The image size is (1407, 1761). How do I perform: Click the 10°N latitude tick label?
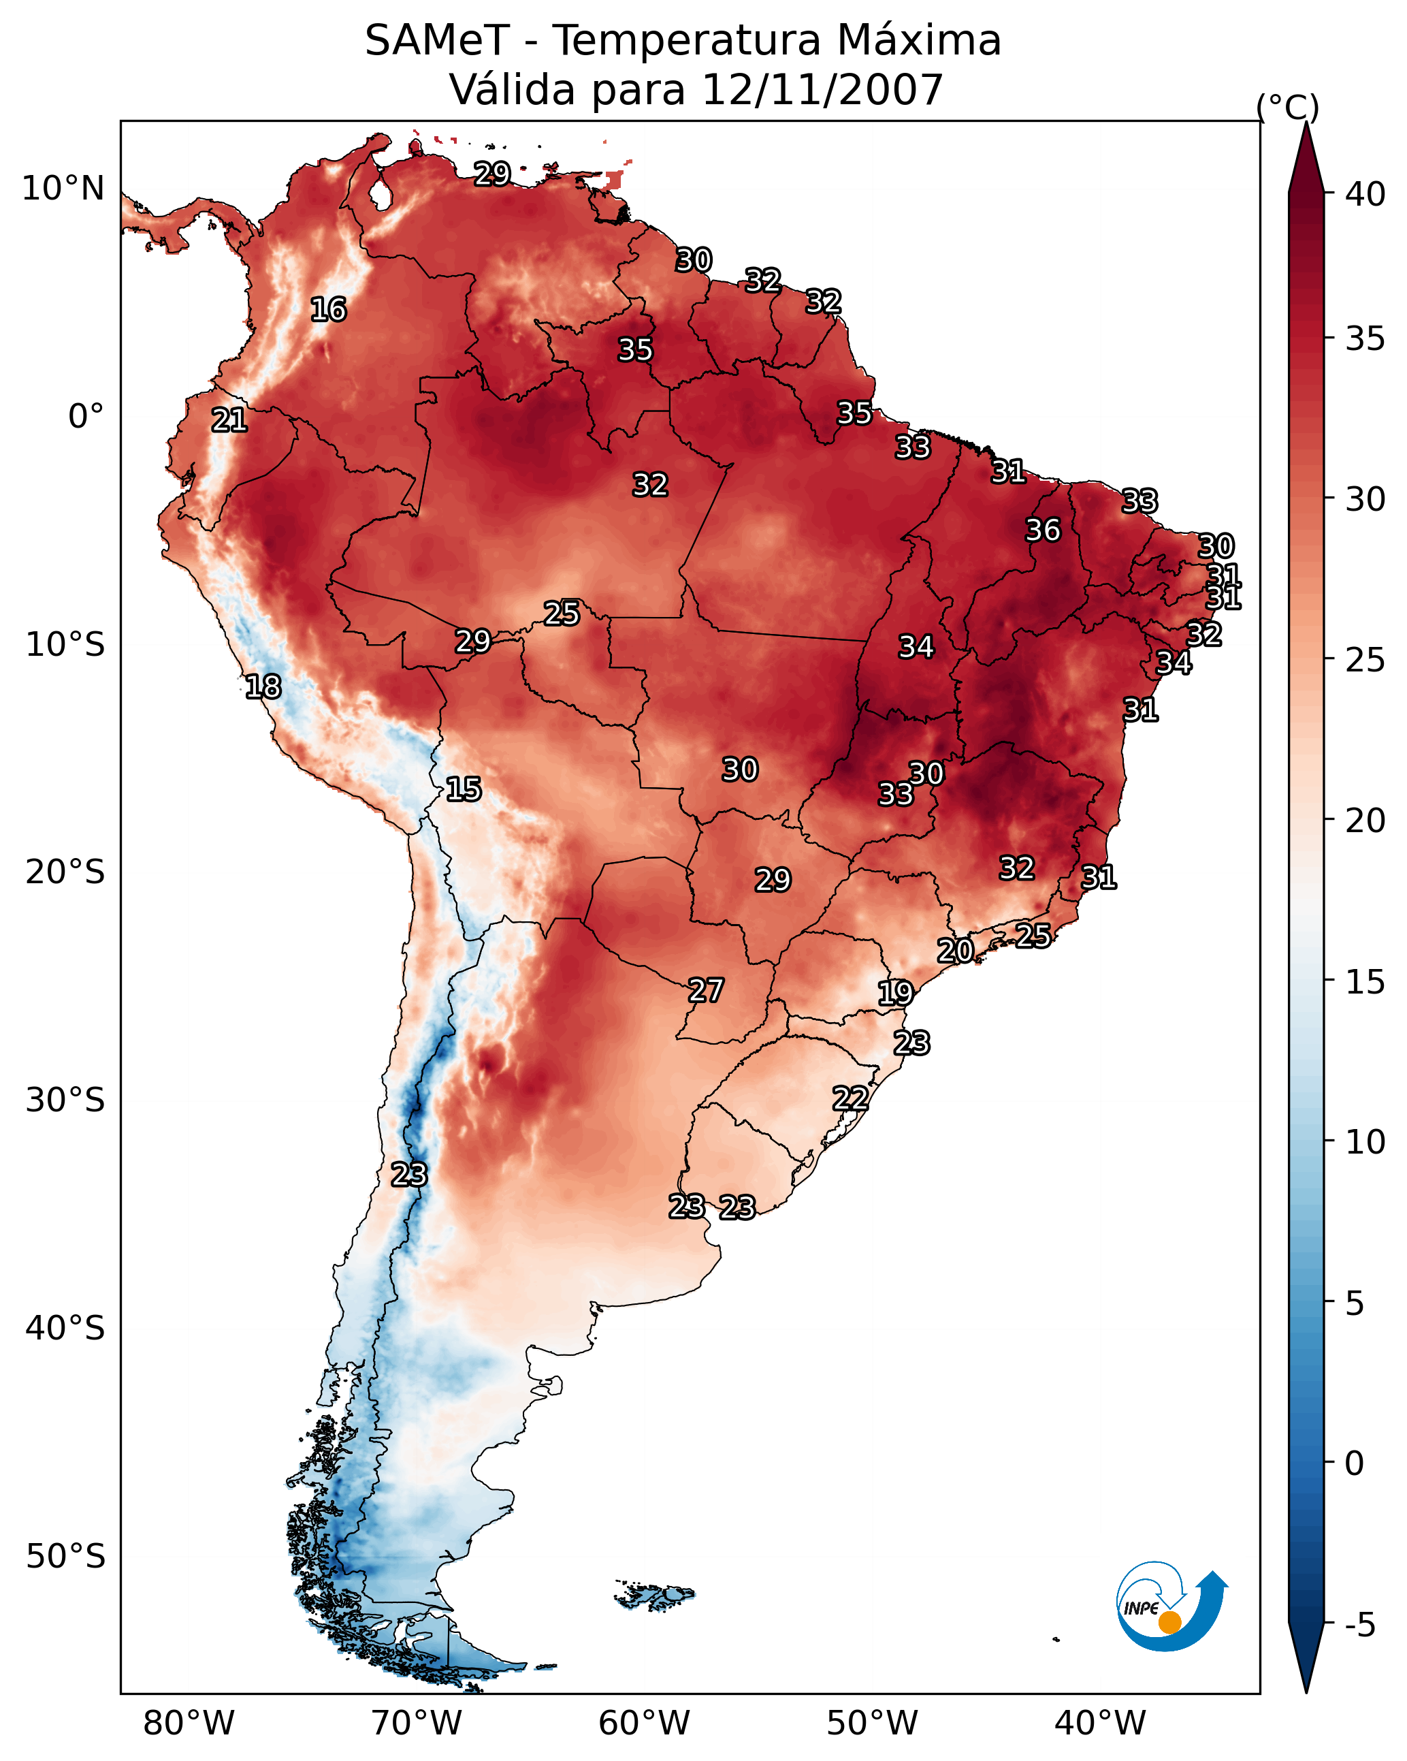[x=63, y=189]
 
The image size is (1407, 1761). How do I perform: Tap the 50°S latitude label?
[x=65, y=1556]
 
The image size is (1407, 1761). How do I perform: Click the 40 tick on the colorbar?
[x=1365, y=194]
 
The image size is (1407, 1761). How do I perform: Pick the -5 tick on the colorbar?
[x=1359, y=1625]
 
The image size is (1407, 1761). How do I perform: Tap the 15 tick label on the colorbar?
[x=1365, y=982]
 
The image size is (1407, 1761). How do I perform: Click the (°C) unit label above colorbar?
[x=1287, y=107]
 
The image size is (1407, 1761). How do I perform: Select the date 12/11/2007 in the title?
[x=822, y=89]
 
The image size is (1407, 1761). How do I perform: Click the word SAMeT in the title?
[x=437, y=40]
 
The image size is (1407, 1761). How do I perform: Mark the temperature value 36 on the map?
[x=1043, y=530]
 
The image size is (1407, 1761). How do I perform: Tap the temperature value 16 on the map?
[x=328, y=310]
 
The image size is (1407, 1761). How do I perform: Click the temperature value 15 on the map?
[x=463, y=789]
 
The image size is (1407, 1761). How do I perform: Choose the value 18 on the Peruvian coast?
[x=263, y=687]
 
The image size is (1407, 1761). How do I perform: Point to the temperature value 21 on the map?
[x=229, y=421]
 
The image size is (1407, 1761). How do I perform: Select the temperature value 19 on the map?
[x=895, y=994]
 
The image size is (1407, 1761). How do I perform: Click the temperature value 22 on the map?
[x=850, y=1098]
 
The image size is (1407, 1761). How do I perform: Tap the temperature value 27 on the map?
[x=705, y=991]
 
